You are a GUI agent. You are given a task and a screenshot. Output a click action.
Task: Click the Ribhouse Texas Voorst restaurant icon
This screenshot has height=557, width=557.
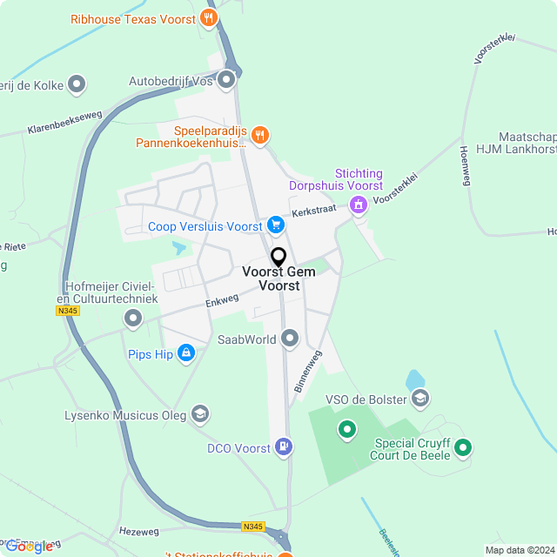pyautogui.click(x=208, y=17)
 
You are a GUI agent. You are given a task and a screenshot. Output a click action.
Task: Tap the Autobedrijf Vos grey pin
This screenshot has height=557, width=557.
pyautogui.click(x=227, y=81)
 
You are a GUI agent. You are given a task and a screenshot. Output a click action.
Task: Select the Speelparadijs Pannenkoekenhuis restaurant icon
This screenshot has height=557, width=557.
pyautogui.click(x=260, y=135)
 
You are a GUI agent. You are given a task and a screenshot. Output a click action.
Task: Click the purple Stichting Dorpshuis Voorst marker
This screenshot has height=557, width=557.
pyautogui.click(x=358, y=205)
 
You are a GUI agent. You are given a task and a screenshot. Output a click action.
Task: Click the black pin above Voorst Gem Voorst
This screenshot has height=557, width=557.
pyautogui.click(x=278, y=258)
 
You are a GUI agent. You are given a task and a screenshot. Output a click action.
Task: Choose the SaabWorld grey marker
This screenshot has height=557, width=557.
pyautogui.click(x=291, y=339)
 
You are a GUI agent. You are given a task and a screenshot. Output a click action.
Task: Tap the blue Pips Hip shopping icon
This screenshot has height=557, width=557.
pyautogui.click(x=185, y=353)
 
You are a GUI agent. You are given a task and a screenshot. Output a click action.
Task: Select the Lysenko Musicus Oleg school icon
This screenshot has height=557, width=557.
pyautogui.click(x=200, y=414)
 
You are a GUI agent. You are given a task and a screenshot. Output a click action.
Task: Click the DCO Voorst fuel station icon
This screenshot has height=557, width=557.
pyautogui.click(x=284, y=447)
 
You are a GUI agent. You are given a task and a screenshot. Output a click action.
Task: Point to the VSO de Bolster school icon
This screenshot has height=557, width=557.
pyautogui.click(x=420, y=399)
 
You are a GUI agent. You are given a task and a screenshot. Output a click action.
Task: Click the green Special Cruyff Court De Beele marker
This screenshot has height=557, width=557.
pyautogui.click(x=464, y=447)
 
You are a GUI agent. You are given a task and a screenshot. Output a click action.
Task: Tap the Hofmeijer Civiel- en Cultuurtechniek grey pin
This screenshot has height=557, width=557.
pyautogui.click(x=133, y=319)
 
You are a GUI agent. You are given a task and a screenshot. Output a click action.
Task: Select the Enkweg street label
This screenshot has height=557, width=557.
pyautogui.click(x=222, y=300)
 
